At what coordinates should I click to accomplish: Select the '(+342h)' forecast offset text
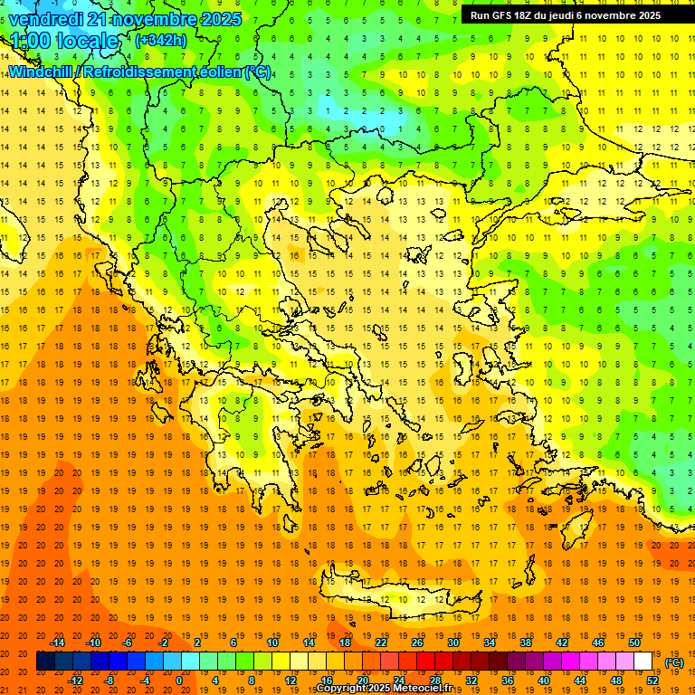click(161, 40)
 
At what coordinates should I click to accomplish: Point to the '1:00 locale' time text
click(64, 41)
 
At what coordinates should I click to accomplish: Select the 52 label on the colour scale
click(652, 681)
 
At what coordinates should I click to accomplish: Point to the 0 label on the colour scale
click(178, 681)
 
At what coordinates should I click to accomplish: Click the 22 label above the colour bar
click(381, 643)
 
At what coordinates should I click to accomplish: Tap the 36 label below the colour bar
click(508, 681)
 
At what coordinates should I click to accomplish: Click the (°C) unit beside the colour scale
click(674, 662)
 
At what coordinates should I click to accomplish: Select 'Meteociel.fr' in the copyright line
click(423, 689)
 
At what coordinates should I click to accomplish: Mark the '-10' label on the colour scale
click(92, 643)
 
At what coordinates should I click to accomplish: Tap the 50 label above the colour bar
click(633, 643)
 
